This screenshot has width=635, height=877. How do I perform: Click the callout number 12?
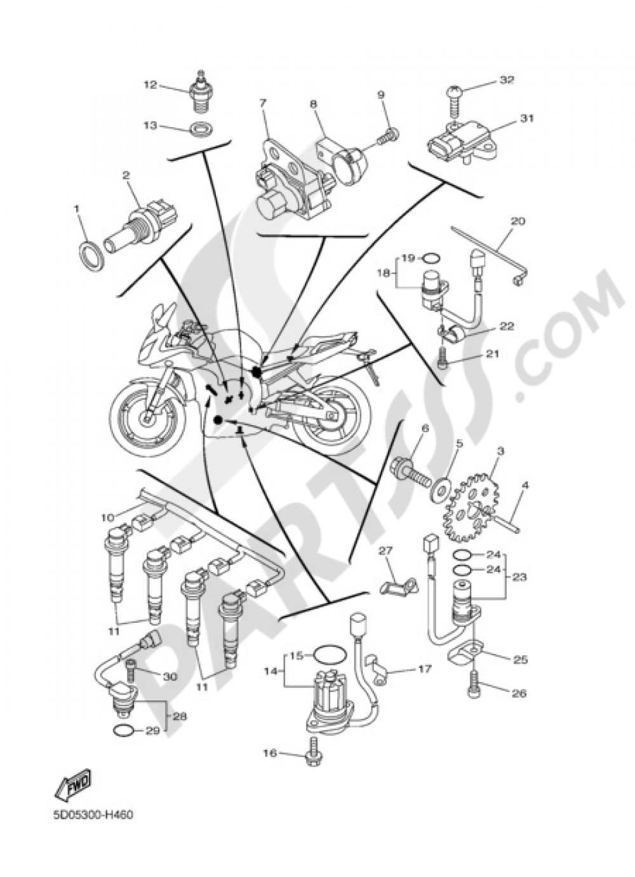pyautogui.click(x=150, y=85)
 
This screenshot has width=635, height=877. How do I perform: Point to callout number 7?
pyautogui.click(x=262, y=102)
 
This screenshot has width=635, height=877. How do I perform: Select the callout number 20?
pyautogui.click(x=518, y=222)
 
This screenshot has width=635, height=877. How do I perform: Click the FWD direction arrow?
pyautogui.click(x=73, y=784)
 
